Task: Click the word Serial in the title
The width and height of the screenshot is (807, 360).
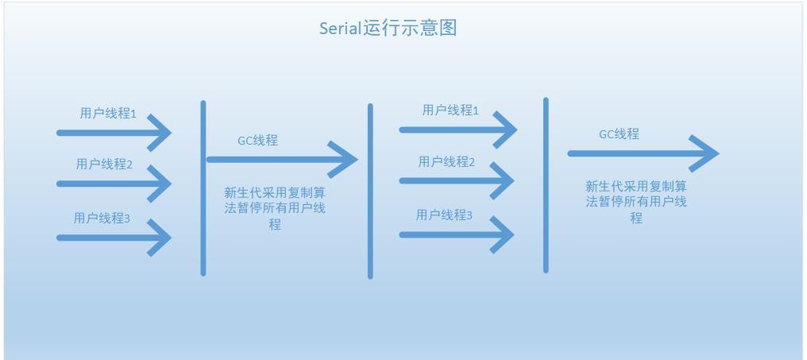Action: click(x=341, y=28)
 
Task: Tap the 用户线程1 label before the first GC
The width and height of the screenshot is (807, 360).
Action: click(x=108, y=114)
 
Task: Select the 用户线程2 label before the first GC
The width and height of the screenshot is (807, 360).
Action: click(x=105, y=165)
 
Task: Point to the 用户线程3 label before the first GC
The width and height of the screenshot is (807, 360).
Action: click(x=102, y=218)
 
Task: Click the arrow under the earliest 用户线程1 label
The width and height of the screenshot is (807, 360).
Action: click(x=114, y=133)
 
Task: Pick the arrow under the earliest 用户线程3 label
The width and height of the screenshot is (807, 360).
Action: click(x=114, y=238)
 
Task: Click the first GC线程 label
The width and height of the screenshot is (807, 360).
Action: click(x=258, y=141)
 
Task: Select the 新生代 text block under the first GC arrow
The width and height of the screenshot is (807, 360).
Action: click(x=275, y=208)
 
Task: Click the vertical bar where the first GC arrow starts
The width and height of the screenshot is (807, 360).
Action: click(x=203, y=188)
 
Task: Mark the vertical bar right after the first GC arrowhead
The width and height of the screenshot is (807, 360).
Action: click(x=370, y=191)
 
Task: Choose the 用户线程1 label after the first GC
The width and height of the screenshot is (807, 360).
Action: click(x=450, y=110)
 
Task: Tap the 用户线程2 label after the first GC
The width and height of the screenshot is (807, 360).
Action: click(x=446, y=161)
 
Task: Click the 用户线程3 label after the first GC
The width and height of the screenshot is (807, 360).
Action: click(x=444, y=215)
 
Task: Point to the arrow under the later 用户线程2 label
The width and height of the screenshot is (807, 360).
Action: click(x=457, y=180)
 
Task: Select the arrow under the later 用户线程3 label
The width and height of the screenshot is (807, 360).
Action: click(x=457, y=235)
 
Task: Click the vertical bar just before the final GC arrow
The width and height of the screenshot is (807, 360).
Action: click(x=546, y=185)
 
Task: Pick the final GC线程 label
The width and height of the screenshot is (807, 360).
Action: click(x=619, y=134)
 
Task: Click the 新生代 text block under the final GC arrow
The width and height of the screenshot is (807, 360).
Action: click(x=636, y=201)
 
